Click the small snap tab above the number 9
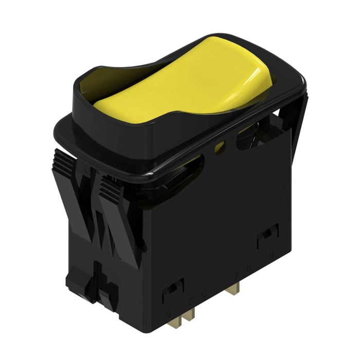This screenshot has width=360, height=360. [x=173, y=291]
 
